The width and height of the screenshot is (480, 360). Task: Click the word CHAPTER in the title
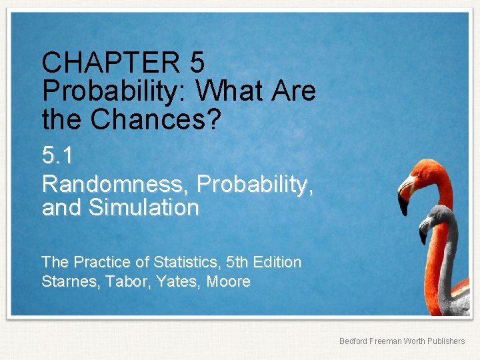click(x=111, y=63)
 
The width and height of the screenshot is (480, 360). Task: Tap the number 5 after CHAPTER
click(x=197, y=63)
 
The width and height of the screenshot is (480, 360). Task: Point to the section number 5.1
click(x=57, y=156)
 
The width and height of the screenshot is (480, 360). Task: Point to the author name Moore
click(x=229, y=282)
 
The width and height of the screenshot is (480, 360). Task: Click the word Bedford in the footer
click(x=353, y=341)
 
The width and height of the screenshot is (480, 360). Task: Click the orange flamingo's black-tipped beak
click(x=403, y=200)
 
